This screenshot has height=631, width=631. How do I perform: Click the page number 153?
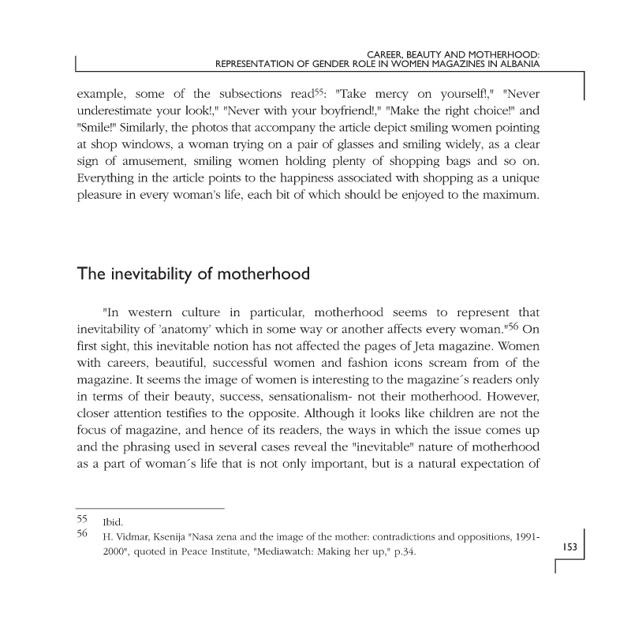[572, 547]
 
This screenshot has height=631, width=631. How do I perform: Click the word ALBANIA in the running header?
[517, 65]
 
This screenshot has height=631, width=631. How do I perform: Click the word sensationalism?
[353, 398]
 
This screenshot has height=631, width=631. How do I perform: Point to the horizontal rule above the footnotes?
[150, 507]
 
